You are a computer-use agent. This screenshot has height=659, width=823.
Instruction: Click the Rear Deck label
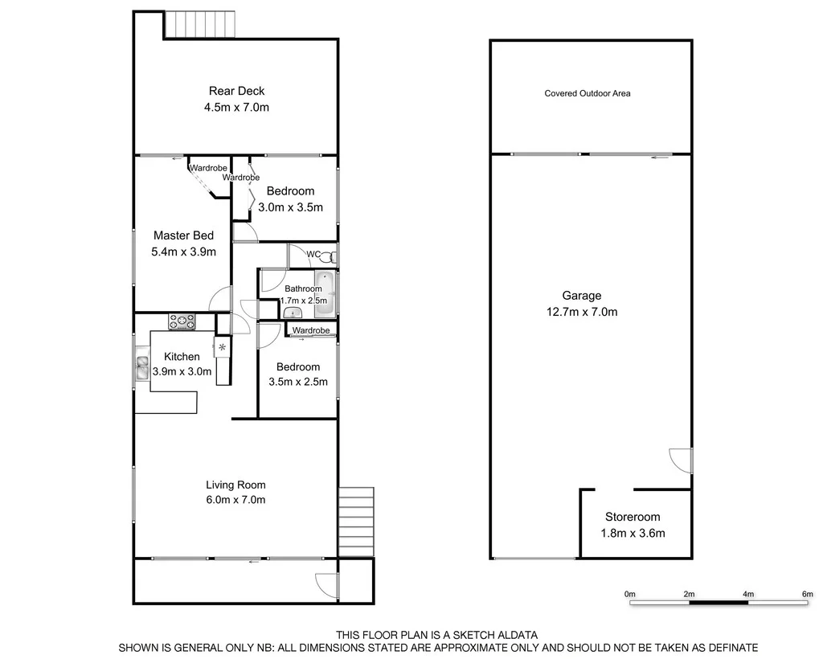click(x=236, y=91)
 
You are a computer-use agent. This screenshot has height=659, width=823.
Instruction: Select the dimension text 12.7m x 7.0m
click(x=581, y=312)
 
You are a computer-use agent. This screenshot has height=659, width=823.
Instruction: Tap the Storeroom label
click(x=633, y=517)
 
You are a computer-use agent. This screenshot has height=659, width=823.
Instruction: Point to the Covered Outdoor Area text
click(x=588, y=93)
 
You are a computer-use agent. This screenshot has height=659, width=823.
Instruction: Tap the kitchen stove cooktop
click(x=182, y=321)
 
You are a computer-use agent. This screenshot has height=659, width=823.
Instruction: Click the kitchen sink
click(x=142, y=367)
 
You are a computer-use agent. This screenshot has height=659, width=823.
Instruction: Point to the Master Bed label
click(x=183, y=235)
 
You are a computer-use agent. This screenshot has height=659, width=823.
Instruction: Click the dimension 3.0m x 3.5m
click(x=290, y=207)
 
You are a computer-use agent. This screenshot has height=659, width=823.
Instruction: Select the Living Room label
click(x=235, y=485)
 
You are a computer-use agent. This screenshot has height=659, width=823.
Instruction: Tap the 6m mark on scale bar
click(x=807, y=594)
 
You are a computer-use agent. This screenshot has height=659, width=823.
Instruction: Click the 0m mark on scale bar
click(x=630, y=594)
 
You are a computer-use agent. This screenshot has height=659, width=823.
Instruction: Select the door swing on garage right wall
click(x=682, y=460)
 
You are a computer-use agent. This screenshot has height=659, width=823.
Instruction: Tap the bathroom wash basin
click(x=290, y=313)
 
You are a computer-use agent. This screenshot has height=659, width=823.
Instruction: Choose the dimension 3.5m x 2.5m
click(x=298, y=382)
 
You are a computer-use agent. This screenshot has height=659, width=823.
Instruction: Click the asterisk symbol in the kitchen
click(x=222, y=346)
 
